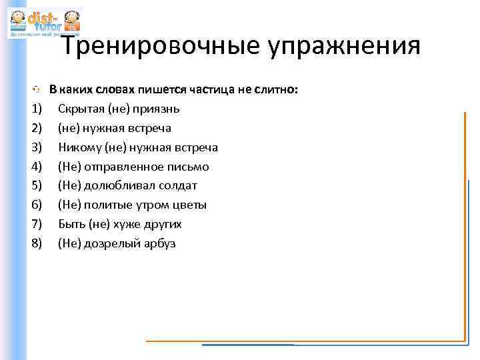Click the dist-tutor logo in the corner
(44, 23)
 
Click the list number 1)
(37, 109)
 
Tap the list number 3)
(37, 147)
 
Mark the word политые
(110, 205)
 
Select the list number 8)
(37, 244)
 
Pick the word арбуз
(159, 244)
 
